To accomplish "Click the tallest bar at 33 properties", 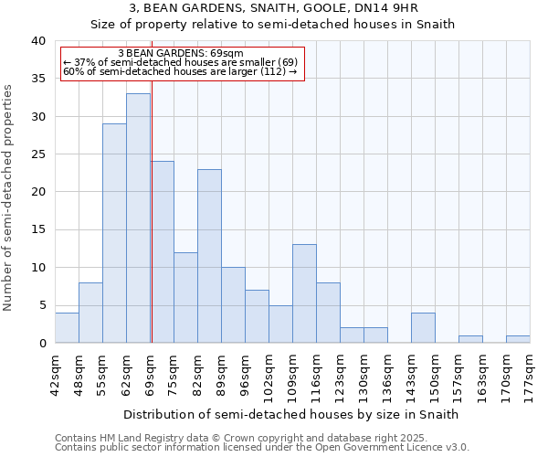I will click(138, 218).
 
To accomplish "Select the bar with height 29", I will click(114, 233).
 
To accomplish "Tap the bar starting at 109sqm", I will click(304, 293).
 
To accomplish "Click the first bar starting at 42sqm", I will click(67, 328).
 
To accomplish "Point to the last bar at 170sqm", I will click(518, 339).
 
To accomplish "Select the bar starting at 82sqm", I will click(209, 256).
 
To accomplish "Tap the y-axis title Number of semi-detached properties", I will click(9, 197).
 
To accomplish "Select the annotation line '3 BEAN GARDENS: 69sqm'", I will click(181, 54).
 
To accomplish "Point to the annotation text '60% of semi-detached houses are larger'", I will click(180, 71).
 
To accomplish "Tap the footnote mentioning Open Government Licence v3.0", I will click(262, 448).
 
